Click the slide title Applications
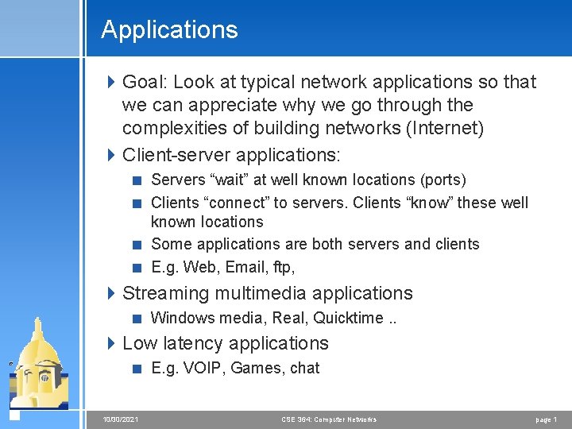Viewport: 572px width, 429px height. (169, 30)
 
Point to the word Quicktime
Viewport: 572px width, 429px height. (348, 318)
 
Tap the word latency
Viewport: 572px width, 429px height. (190, 343)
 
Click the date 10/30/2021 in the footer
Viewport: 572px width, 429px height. (120, 419)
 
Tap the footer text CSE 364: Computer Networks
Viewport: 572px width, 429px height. (328, 419)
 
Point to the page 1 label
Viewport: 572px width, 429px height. (545, 419)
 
